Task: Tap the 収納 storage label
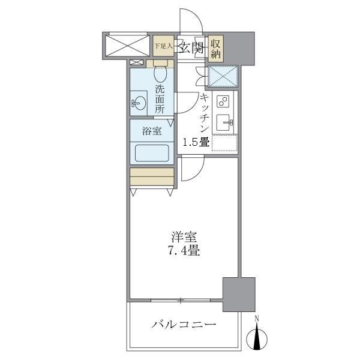coord(217,47)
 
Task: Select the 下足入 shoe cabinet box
coord(162,46)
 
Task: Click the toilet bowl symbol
coord(160,73)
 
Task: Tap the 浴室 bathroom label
coord(151,131)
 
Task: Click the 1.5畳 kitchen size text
coord(196,142)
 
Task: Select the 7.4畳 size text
coord(183,251)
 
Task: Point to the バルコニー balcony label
coord(183,325)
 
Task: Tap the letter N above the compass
coord(257,318)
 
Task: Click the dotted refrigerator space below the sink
coord(224,143)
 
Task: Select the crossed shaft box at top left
coord(126,45)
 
